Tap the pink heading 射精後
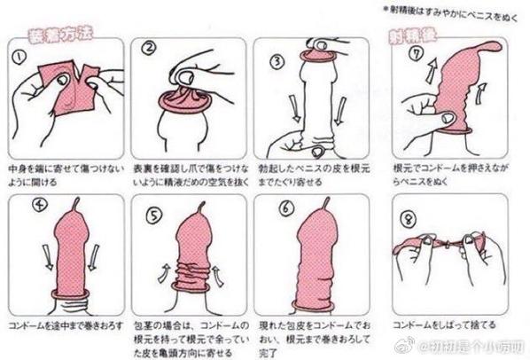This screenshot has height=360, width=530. point(411,35)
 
